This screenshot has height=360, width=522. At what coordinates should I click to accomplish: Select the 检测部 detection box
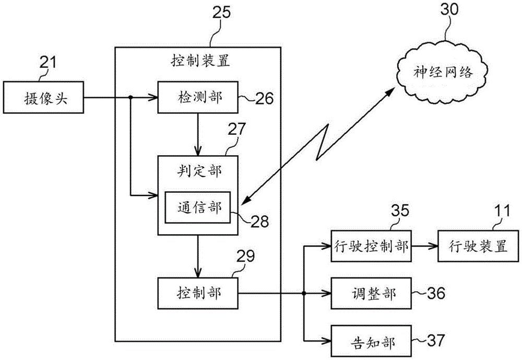click(x=197, y=97)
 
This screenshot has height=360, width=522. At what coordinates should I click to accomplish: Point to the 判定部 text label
click(x=197, y=171)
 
